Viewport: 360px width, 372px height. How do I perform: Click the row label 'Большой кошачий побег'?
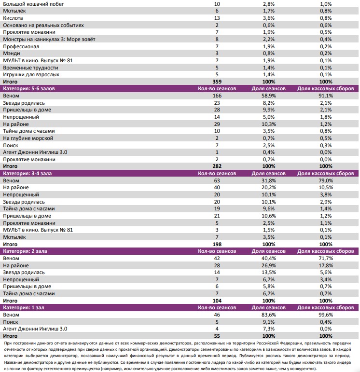tap(33, 4)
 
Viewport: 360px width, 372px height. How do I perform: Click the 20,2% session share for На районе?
tap(269, 188)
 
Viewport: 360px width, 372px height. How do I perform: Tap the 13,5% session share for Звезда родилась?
tap(269, 272)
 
